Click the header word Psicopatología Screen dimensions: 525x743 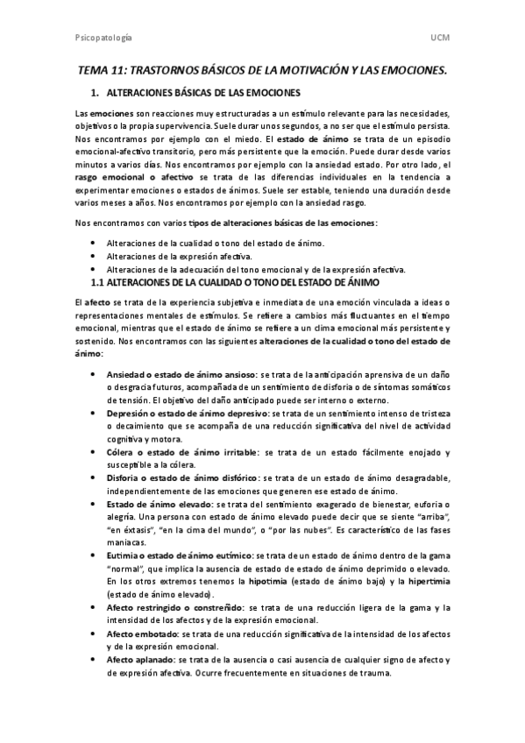pyautogui.click(x=104, y=38)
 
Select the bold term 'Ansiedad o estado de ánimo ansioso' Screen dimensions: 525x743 pyautogui.click(x=181, y=374)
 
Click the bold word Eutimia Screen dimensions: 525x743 pyautogui.click(x=124, y=555)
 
